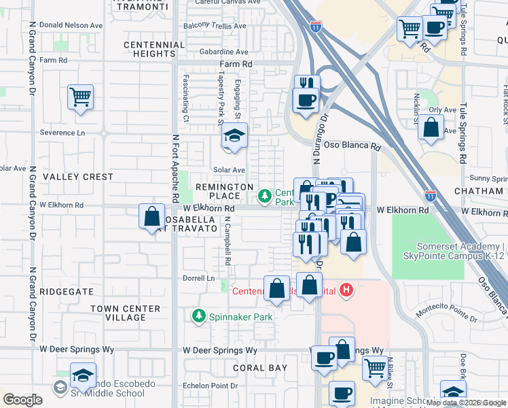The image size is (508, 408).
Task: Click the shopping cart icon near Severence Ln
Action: [81, 97]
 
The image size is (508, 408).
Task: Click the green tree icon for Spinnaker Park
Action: [199, 316]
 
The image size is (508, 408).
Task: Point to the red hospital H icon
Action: [347, 290]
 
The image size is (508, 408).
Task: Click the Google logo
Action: [22, 400]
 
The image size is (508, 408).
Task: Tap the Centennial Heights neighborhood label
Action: [154, 49]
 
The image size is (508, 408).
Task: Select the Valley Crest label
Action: [78, 177]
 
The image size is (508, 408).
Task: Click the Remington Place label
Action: [224, 191]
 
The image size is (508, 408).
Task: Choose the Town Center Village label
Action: [126, 313]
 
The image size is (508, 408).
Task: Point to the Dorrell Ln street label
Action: [198, 278]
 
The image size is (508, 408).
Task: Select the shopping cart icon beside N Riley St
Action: [375, 368]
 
